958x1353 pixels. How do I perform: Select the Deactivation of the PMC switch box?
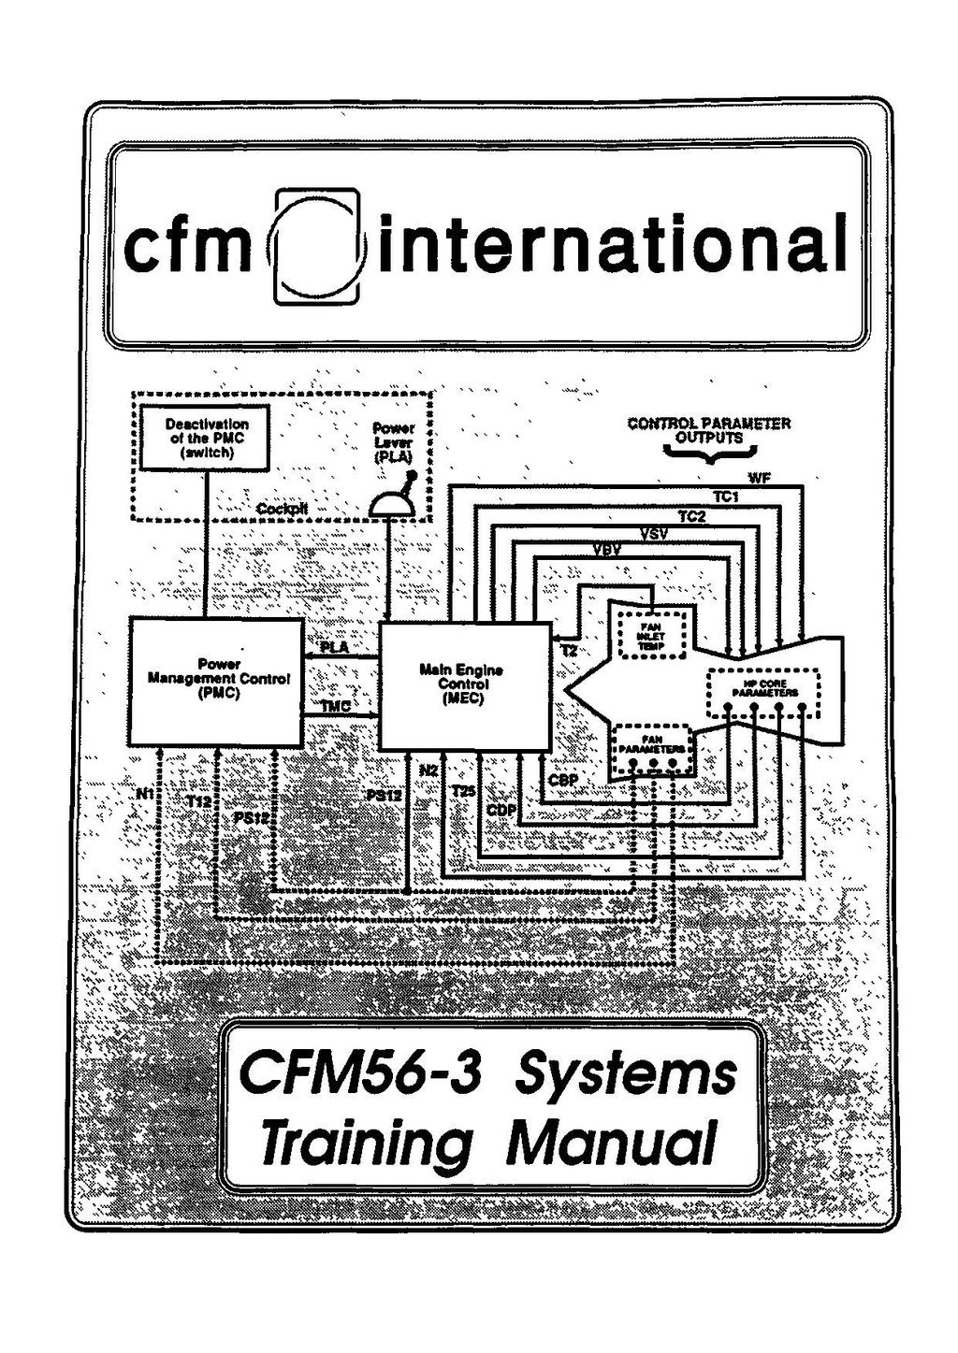tap(207, 438)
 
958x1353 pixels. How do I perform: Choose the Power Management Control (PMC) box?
tap(216, 681)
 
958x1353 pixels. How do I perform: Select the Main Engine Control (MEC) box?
tap(464, 685)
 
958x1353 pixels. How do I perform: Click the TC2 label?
tap(691, 517)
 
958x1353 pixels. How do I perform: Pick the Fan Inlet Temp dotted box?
tap(651, 633)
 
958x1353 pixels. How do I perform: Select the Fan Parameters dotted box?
tap(653, 750)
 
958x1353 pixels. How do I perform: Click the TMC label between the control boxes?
tap(336, 707)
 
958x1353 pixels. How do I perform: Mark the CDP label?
tap(502, 809)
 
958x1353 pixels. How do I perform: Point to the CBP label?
tap(563, 780)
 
